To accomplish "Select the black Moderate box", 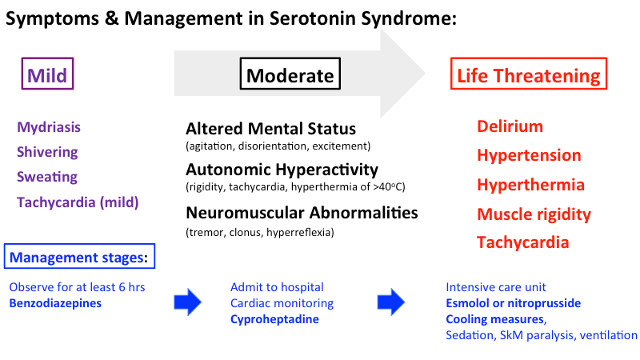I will (x=290, y=76).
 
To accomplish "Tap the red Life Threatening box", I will (x=528, y=76).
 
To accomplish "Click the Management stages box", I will (x=79, y=258).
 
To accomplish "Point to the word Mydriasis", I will (x=49, y=126).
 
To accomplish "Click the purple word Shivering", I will (x=47, y=152).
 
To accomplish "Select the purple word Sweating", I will (x=47, y=177).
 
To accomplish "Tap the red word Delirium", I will (x=510, y=126).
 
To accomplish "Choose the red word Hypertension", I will (x=529, y=155).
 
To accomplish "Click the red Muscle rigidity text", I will (x=534, y=214).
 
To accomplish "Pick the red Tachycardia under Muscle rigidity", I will (x=523, y=242).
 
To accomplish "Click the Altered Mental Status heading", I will (x=270, y=129).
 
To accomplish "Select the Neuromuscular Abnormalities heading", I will (x=302, y=213).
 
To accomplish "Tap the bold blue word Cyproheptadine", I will (x=274, y=320).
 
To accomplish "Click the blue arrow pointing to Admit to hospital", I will (x=190, y=303).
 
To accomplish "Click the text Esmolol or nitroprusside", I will (x=513, y=303).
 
